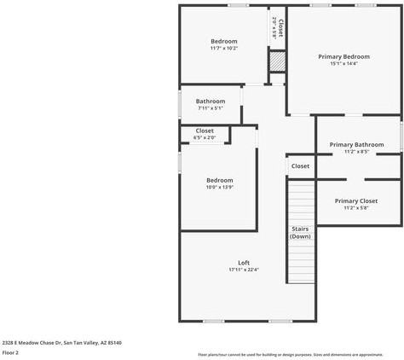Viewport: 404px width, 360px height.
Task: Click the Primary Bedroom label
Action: (x=343, y=56)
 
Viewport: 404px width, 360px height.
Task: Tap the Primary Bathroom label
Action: (x=356, y=145)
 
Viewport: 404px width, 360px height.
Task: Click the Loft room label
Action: (x=244, y=262)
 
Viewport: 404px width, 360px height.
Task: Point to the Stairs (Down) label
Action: (x=300, y=232)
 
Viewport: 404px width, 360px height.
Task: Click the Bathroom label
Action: (x=210, y=102)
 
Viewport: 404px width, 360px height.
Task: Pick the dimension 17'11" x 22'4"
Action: (x=244, y=270)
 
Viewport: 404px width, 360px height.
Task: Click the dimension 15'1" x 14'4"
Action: (x=343, y=64)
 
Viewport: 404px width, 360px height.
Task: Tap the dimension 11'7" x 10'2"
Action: (x=224, y=49)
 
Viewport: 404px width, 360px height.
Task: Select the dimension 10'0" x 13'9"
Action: (x=219, y=187)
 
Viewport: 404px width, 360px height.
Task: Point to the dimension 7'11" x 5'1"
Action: (x=210, y=108)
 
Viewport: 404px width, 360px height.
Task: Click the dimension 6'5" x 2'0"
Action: (x=205, y=137)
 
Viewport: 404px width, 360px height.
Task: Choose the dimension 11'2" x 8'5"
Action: (x=356, y=152)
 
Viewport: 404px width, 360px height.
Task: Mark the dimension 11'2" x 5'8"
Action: (x=356, y=207)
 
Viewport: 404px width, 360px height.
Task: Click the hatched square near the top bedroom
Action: (x=276, y=61)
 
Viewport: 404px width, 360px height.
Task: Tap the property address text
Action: (x=61, y=342)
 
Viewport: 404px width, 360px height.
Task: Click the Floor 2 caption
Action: (x=11, y=352)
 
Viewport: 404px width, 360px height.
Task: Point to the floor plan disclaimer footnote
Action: (x=290, y=354)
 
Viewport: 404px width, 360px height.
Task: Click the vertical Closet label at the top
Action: (x=277, y=27)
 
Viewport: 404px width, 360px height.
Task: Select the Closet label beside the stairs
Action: (x=300, y=166)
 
